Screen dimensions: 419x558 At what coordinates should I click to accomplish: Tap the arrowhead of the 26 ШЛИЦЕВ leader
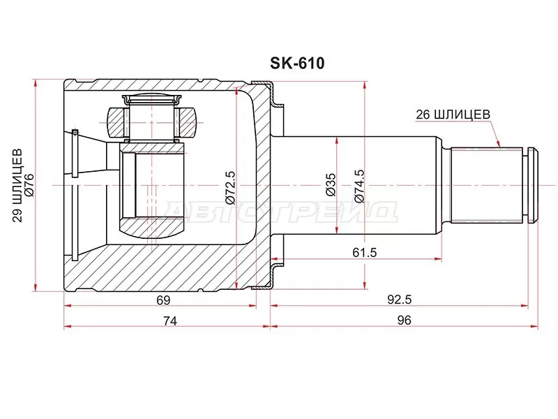click(499, 145)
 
